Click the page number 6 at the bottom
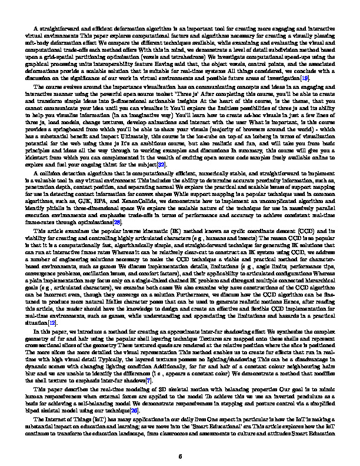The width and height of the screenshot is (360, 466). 180,439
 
